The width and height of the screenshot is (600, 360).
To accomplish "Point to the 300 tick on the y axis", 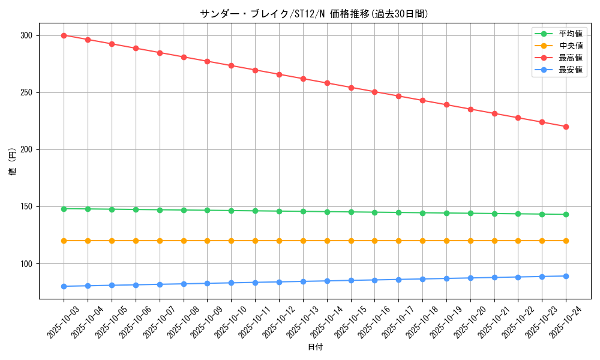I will point(28,35).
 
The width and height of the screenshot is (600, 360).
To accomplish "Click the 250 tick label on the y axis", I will point(28,92).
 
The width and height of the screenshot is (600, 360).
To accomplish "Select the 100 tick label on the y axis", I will point(28,263).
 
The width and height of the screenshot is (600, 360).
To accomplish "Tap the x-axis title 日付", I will point(315,347).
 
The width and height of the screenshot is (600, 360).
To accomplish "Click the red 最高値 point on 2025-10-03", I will point(64,35).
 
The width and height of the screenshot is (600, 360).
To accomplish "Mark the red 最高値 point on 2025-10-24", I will point(566,127).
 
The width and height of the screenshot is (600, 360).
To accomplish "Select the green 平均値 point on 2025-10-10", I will point(231,211).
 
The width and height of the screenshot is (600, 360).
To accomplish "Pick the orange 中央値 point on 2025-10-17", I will point(398,241).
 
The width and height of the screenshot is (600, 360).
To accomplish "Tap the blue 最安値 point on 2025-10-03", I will point(64,286).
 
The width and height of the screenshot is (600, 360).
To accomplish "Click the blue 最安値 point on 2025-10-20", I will point(470,278).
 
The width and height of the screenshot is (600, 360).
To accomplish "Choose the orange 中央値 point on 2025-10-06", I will point(136,241).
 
